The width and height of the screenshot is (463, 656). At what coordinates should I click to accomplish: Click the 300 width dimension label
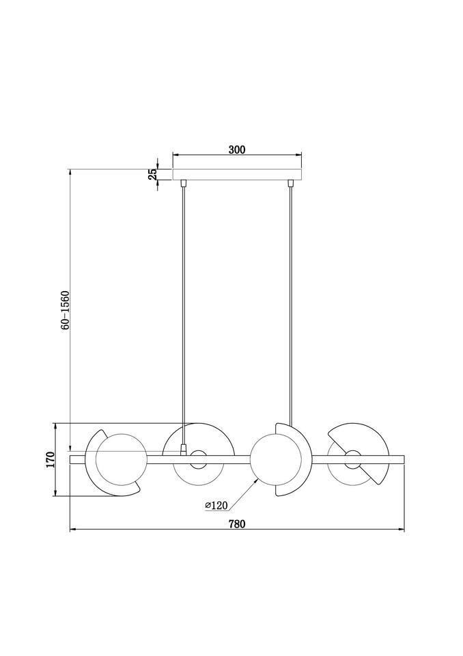tap(237, 150)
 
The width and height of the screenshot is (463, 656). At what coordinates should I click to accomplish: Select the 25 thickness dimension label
tap(153, 174)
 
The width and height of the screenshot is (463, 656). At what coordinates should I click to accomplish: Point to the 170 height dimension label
tap(51, 459)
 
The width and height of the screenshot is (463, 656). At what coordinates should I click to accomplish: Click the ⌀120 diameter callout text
tap(216, 506)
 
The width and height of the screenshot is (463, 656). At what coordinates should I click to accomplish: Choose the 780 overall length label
tap(237, 524)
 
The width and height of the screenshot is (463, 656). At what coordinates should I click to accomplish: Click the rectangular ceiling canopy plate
tap(237, 174)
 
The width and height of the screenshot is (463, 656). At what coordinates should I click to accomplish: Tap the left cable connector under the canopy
tap(183, 183)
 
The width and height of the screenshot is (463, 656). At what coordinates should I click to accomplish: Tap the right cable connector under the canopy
tap(290, 183)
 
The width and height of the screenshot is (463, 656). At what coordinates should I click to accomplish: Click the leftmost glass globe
tap(122, 459)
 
